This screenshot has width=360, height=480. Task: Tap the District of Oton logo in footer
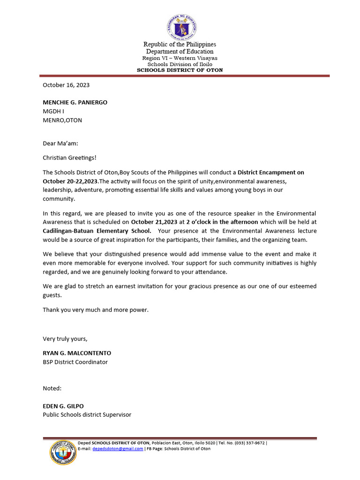[x=63, y=453]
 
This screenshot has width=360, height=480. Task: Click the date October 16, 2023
[x=66, y=85]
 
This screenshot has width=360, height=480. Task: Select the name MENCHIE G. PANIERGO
[x=75, y=102]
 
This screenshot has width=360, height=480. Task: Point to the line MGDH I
[x=53, y=111]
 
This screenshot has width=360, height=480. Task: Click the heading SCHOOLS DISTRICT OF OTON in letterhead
[x=180, y=70]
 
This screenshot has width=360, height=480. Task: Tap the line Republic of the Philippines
[x=180, y=44]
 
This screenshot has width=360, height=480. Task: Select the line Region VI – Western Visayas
[x=180, y=58]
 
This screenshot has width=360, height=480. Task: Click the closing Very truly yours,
[x=65, y=339]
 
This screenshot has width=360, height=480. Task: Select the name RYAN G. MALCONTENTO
[x=77, y=353]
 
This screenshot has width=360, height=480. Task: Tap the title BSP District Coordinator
[x=75, y=362]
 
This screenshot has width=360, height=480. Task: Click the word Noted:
[x=52, y=388]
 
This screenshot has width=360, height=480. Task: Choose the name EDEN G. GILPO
[x=63, y=406]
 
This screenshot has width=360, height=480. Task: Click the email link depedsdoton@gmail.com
[x=118, y=449]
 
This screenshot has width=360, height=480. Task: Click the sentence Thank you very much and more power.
[x=96, y=310]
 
